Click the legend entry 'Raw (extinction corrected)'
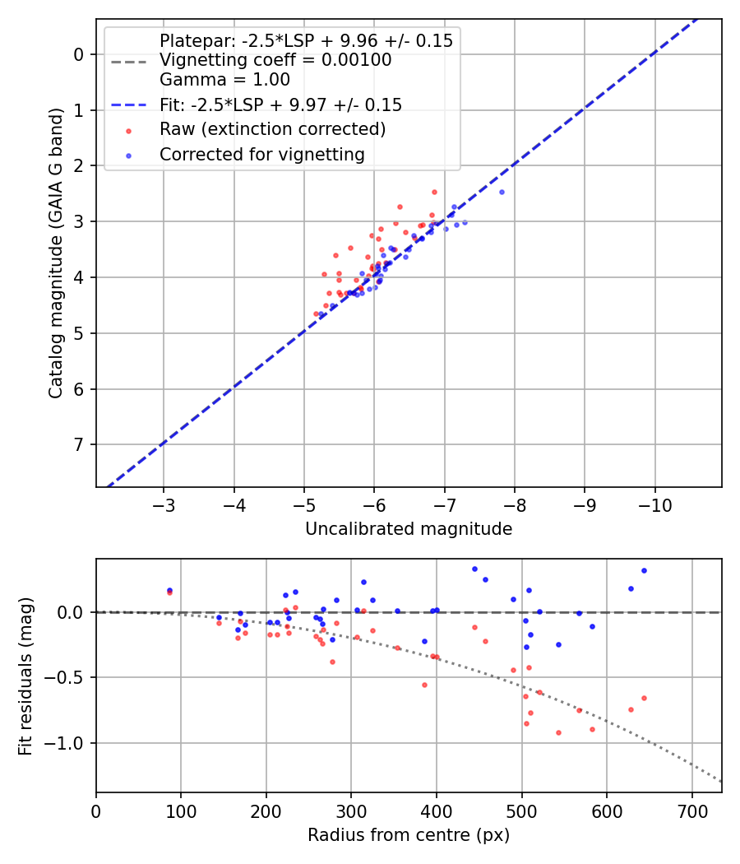tap(272, 129)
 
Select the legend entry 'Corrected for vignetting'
tap(261, 154)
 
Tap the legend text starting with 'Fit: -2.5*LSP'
tap(280, 105)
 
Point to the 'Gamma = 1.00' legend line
tap(224, 80)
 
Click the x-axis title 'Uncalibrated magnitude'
tap(409, 529)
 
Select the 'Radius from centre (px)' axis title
tap(409, 835)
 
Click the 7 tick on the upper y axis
tap(79, 444)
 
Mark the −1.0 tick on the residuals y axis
tap(70, 743)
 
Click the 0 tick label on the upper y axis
tap(79, 54)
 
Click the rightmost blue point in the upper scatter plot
tap(502, 192)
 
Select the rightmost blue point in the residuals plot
tap(644, 570)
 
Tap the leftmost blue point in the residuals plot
tap(169, 590)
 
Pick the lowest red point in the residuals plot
tap(558, 732)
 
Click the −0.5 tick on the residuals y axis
tap(70, 677)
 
